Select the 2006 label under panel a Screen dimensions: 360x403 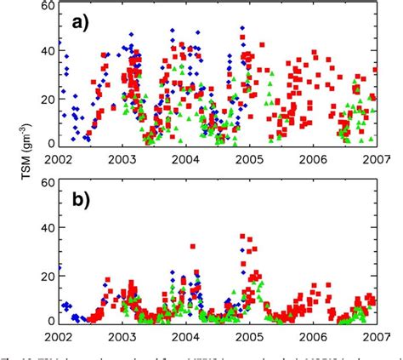pos(313,158)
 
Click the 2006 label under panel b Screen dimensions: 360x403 pos(313,336)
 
